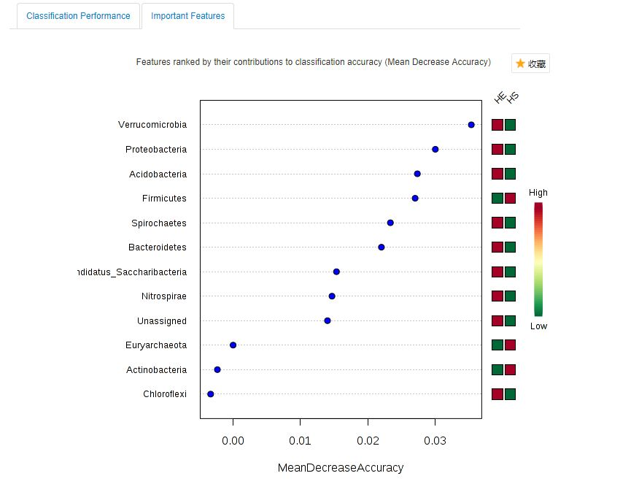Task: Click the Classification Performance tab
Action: tap(78, 16)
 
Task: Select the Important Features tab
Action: tap(187, 16)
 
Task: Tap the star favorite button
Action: tap(530, 64)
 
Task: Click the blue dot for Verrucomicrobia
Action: tap(471, 125)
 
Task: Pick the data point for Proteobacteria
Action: tap(435, 149)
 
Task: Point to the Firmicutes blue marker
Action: tap(415, 198)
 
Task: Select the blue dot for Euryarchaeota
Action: tap(233, 345)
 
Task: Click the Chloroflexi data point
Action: tap(211, 394)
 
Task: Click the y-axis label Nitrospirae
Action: tap(164, 296)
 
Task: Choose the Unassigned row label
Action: tap(162, 321)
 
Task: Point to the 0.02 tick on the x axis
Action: tap(368, 441)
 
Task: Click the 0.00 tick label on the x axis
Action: tap(233, 441)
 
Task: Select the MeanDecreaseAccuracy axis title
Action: tap(340, 468)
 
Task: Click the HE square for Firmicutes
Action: tap(497, 198)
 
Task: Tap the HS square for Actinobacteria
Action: tap(510, 369)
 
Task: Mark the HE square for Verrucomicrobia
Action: tap(497, 125)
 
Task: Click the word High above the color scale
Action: tap(538, 193)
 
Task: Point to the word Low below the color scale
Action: tap(538, 326)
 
